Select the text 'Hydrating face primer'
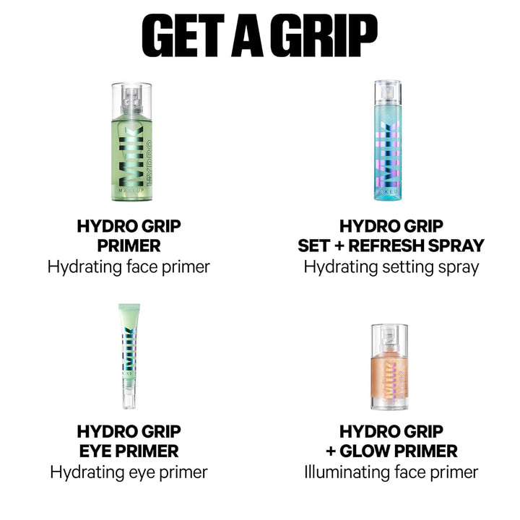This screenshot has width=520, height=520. [x=129, y=267]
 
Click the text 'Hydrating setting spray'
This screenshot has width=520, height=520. [x=391, y=267]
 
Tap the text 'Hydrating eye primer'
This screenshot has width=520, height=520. [x=129, y=472]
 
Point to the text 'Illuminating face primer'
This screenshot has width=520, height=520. [x=391, y=472]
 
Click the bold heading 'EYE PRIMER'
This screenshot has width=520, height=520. [x=129, y=452]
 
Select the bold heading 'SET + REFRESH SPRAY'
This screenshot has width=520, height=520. [x=391, y=246]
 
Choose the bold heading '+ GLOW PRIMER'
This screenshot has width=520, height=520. [x=391, y=452]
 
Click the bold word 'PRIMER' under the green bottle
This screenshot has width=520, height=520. [x=129, y=246]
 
